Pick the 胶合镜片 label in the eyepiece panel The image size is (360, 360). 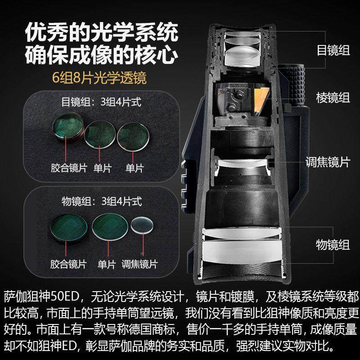point(68,168)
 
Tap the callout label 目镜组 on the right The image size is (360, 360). point(333,50)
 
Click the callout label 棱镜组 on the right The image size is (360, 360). point(333,98)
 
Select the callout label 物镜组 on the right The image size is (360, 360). point(333,245)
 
